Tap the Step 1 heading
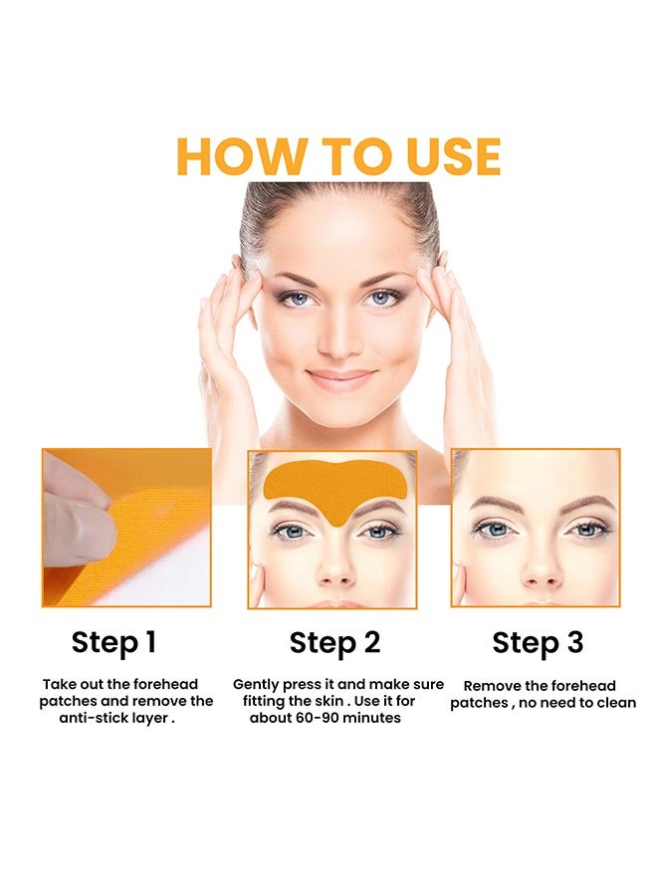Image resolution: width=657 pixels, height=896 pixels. pyautogui.click(x=113, y=642)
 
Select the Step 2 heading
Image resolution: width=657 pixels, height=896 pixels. pyautogui.click(x=334, y=642)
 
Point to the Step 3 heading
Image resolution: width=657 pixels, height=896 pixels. pyautogui.click(x=538, y=642)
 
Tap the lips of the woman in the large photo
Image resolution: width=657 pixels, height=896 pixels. pyautogui.click(x=340, y=379)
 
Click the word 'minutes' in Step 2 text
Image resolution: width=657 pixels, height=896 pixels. pyautogui.click(x=369, y=718)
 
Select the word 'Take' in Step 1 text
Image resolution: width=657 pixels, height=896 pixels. pyautogui.click(x=60, y=684)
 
